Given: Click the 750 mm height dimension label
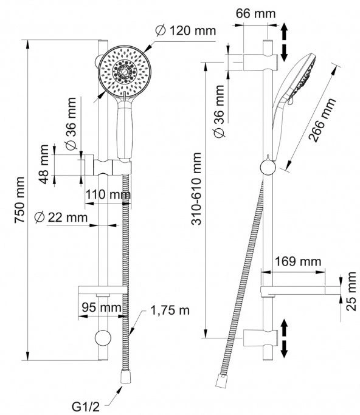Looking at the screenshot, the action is tap(20, 200).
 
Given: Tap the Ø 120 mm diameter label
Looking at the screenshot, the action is tap(185, 31).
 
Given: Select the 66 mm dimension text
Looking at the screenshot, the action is tap(255, 13).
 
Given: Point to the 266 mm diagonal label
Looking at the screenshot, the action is tap(322, 120).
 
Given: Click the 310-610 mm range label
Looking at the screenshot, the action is tap(196, 189).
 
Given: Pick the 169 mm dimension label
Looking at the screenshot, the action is tap(298, 261).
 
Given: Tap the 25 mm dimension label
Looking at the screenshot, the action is tap(351, 291).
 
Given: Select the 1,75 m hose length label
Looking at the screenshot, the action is tap(170, 310).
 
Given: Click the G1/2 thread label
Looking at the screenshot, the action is tap(86, 406).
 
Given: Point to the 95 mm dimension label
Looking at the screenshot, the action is tap(102, 307).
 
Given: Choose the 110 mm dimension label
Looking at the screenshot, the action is tap(108, 195).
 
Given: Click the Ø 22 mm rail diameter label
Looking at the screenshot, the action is tap(61, 218).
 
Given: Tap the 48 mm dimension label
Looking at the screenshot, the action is tap(43, 164).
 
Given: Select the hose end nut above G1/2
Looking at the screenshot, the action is tap(126, 377).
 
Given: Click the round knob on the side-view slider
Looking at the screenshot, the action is tap(268, 167).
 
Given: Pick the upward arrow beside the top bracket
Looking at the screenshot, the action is tap(284, 30).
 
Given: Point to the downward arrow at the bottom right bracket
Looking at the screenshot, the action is tap(284, 349).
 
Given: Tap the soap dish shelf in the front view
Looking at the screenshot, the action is tap(103, 290).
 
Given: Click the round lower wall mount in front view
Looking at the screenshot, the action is tap(103, 338).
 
